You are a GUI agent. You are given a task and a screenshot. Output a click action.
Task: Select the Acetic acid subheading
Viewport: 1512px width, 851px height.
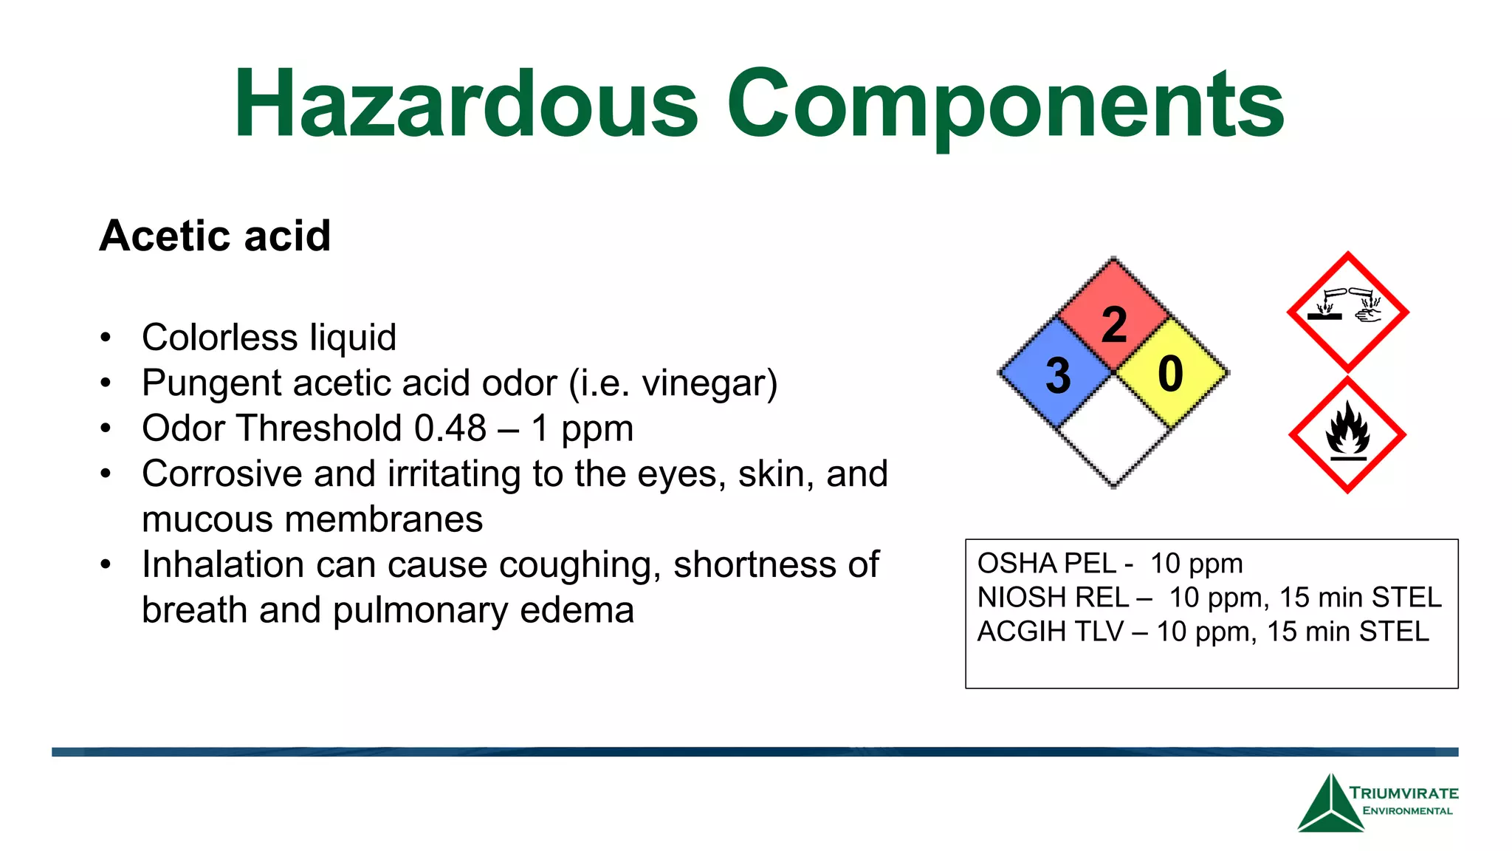(x=215, y=236)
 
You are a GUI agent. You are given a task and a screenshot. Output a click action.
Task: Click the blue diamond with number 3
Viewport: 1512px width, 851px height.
(x=1057, y=374)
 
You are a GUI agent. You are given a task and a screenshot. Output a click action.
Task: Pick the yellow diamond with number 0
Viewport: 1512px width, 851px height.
(x=1171, y=373)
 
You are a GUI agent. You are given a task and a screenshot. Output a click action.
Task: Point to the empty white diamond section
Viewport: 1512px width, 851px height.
(x=1113, y=432)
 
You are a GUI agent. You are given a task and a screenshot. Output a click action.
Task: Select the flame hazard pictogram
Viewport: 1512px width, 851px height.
(x=1347, y=435)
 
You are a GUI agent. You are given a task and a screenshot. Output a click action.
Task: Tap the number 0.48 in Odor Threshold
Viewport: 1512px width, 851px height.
(x=450, y=428)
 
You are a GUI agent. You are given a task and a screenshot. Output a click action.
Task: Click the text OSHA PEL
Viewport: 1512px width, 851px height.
(x=1046, y=564)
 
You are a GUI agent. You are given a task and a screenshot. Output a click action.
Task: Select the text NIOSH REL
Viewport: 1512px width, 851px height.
(x=1053, y=598)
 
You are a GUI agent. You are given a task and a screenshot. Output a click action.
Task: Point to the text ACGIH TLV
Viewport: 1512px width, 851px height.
(x=1050, y=632)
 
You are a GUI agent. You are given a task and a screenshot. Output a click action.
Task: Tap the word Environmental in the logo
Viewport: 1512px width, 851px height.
(x=1407, y=811)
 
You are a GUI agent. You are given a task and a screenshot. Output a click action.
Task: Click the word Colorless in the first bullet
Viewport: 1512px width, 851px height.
(x=220, y=338)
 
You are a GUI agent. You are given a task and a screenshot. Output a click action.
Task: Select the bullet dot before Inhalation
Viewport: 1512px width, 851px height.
(x=106, y=565)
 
